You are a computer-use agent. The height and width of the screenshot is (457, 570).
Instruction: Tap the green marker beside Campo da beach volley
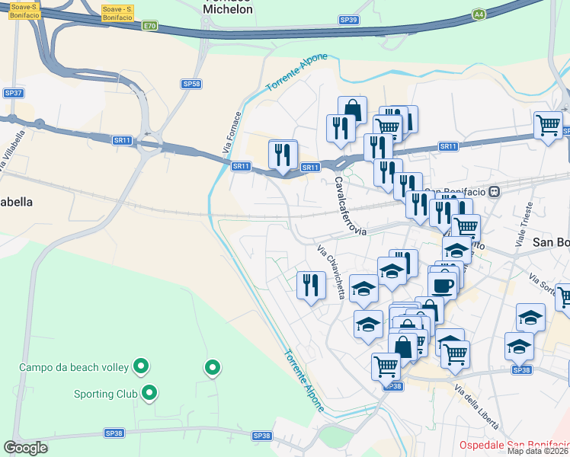[140, 367]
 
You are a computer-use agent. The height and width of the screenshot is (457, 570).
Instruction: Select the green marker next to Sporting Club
[150, 394]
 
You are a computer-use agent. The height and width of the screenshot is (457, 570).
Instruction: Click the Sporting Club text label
[105, 395]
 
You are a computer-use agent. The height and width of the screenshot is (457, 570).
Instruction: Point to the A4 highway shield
[478, 14]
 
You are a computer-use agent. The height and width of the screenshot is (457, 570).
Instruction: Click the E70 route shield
[149, 26]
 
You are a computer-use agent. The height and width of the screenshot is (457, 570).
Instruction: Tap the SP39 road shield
[348, 20]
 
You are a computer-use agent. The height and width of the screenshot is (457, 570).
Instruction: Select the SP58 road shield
[191, 84]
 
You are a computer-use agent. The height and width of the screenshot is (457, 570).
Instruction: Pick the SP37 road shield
[14, 93]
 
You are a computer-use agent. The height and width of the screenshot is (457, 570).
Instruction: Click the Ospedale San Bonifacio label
[514, 445]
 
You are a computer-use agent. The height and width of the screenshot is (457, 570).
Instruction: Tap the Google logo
[25, 447]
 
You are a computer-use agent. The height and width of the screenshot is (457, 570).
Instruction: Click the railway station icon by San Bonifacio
[494, 191]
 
